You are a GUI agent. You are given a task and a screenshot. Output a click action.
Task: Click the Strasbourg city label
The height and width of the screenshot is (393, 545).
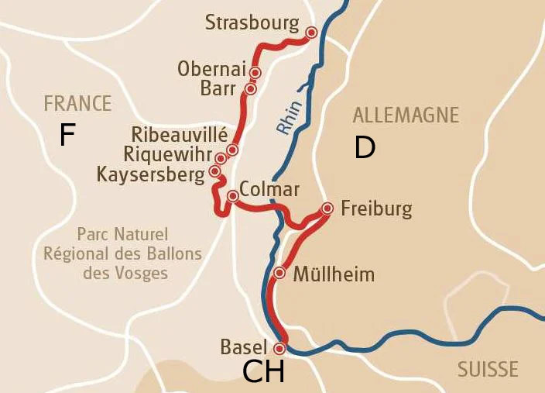pyautogui.click(x=251, y=23)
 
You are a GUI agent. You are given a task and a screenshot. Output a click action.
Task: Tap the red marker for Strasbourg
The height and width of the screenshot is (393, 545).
pyautogui.click(x=311, y=33)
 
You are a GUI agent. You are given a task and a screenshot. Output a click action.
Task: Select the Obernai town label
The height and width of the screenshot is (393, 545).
pyautogui.click(x=211, y=69)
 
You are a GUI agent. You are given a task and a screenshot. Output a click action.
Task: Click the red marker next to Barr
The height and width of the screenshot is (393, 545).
pyautogui.click(x=250, y=89)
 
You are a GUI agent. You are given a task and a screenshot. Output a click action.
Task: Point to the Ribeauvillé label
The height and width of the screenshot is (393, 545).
pyautogui.click(x=179, y=134)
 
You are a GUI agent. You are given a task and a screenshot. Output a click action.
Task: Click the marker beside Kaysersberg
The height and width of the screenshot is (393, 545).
pyautogui.click(x=215, y=171)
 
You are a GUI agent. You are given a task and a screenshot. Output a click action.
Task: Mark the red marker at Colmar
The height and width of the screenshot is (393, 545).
pyautogui.click(x=232, y=196)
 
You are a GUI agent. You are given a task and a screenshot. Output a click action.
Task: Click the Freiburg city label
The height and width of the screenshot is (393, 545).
pyautogui.click(x=376, y=209)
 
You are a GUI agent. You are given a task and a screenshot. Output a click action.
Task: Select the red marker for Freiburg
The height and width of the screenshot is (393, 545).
pyautogui.click(x=327, y=208)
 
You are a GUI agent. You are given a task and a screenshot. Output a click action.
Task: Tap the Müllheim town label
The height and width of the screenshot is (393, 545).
pyautogui.click(x=334, y=274)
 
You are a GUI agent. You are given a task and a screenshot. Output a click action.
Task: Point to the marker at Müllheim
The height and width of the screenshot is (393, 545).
pyautogui.click(x=280, y=273)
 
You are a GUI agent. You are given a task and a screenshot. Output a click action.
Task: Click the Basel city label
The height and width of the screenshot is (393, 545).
pyautogui.click(x=243, y=347)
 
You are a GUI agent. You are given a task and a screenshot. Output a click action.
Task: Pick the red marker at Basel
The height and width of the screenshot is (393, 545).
pyautogui.click(x=280, y=349)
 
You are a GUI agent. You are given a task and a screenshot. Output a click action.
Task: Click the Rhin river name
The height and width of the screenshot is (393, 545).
pyautogui.click(x=289, y=117)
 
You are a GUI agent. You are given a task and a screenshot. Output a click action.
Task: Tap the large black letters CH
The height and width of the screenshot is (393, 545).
pyautogui.click(x=263, y=373)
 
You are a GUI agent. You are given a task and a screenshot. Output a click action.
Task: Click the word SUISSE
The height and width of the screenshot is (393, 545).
pyautogui.click(x=488, y=370)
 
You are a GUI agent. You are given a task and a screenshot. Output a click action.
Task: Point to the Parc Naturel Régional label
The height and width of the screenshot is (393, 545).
pyautogui.click(x=122, y=253)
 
